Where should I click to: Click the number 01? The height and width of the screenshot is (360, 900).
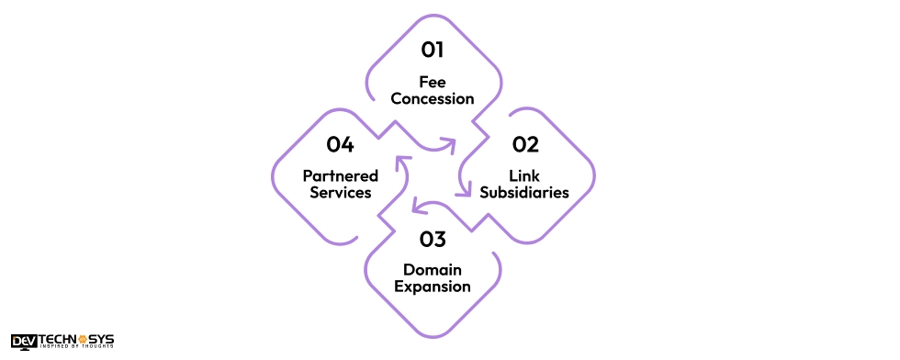433,49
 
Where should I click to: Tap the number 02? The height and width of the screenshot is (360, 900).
525,144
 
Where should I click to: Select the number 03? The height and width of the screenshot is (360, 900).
433,240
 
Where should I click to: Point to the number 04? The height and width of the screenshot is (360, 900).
340,144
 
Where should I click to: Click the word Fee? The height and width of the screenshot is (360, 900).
433,81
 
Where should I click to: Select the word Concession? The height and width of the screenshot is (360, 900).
433,98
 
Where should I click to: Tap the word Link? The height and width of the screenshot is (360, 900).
524,175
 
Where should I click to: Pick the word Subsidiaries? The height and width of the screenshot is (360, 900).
524,193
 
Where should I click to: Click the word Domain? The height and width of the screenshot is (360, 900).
433,269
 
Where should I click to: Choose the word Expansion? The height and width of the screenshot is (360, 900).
433,287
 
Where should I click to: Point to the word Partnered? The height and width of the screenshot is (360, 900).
340,175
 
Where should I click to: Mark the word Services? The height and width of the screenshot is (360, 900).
340,193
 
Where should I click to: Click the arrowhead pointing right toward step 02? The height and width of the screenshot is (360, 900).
450,143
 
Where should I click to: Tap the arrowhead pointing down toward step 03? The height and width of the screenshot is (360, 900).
461,190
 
